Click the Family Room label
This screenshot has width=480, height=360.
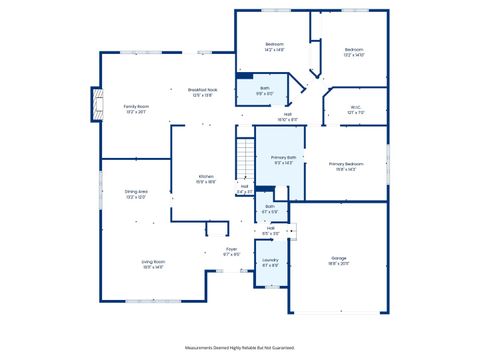[136, 107]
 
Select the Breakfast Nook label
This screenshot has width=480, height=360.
[203, 91]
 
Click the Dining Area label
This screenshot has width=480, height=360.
[136, 193]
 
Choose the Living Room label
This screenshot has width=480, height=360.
[153, 263]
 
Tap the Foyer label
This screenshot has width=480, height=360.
[231, 251]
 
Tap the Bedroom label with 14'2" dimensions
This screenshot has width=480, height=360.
[274, 46]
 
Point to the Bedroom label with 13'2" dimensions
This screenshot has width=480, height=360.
[354, 51]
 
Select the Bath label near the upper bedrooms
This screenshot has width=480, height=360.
[265, 90]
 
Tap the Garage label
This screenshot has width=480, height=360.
[339, 260]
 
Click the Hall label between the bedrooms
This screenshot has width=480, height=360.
[287, 116]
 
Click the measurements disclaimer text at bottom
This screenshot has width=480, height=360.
[240, 346]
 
